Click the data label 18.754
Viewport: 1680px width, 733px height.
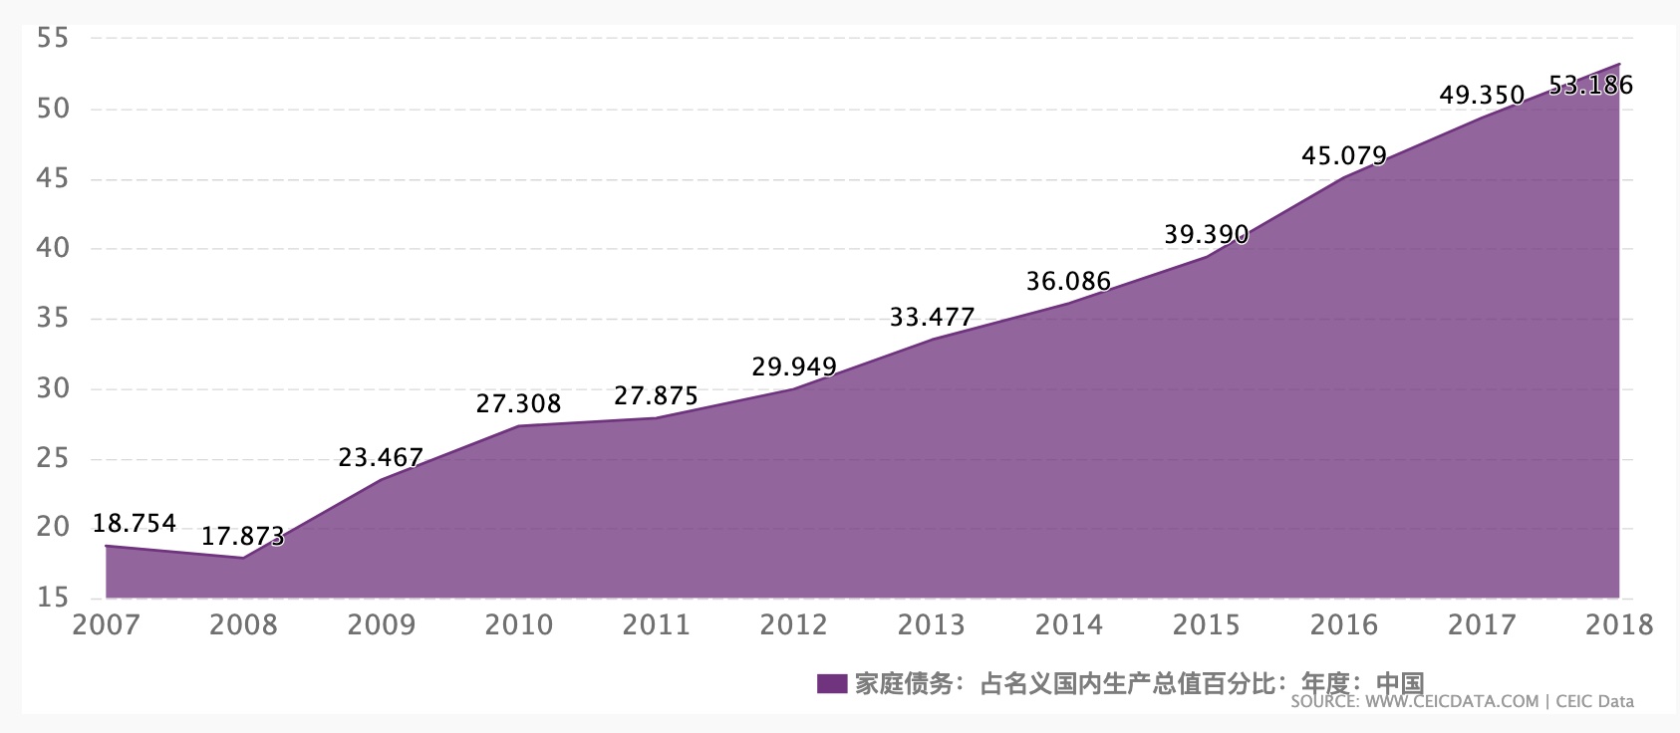pyautogui.click(x=135, y=524)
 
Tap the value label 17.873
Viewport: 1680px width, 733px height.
pyautogui.click(x=243, y=537)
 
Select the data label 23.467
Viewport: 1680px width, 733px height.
pyautogui.click(x=381, y=458)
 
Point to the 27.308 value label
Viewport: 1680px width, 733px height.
pyautogui.click(x=518, y=403)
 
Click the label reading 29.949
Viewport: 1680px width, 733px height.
pyautogui.click(x=794, y=367)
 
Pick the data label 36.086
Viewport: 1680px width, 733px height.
pyautogui.click(x=1068, y=282)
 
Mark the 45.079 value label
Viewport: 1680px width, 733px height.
pyautogui.click(x=1344, y=156)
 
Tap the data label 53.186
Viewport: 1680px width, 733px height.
pyautogui.click(x=1591, y=86)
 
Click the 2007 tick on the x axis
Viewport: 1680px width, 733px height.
pyautogui.click(x=107, y=625)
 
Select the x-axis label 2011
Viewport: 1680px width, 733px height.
pyautogui.click(x=657, y=625)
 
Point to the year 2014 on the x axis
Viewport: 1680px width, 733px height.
pyautogui.click(x=1069, y=625)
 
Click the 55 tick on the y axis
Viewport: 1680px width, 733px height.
pyautogui.click(x=52, y=39)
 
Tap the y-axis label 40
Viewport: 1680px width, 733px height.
pyautogui.click(x=52, y=249)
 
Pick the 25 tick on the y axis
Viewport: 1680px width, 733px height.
pyautogui.click(x=52, y=459)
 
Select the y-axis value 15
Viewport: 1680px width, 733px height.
pyautogui.click(x=52, y=599)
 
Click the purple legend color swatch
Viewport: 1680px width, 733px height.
pyautogui.click(x=831, y=683)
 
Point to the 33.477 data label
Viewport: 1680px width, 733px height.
pyautogui.click(x=932, y=318)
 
